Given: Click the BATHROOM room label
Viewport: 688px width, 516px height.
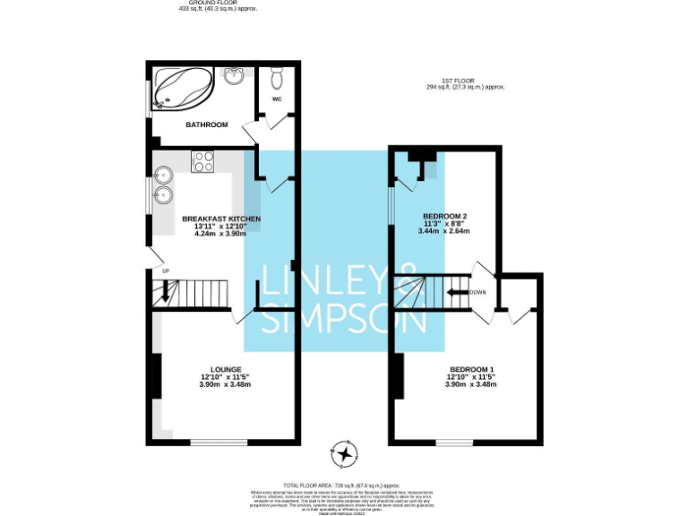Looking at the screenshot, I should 207,125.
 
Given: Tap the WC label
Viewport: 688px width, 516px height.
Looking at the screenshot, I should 278,99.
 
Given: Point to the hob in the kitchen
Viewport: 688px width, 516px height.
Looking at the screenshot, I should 203,161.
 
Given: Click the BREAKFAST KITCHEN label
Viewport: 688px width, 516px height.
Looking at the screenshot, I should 221,219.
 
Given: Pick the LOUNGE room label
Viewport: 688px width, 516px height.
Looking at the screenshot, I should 225,369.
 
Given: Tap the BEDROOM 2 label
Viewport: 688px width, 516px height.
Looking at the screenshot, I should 445,216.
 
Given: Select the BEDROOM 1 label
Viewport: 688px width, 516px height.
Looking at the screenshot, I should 471,369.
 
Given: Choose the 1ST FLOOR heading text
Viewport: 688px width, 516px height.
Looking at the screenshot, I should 467,81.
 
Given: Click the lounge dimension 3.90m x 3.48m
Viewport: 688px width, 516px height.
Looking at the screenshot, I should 225,384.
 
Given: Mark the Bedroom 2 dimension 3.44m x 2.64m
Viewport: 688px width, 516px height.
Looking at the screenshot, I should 444,231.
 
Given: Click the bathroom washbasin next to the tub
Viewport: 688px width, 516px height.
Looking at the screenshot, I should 235,75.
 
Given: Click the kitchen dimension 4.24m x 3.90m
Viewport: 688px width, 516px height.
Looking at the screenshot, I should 221,234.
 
